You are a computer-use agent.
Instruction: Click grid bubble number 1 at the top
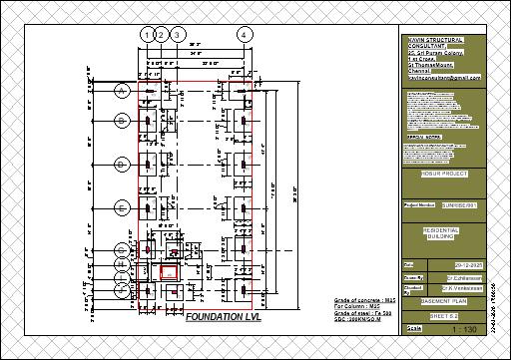click(148, 34)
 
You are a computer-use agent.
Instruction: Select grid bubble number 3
click(177, 34)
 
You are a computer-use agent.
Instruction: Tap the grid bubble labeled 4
click(244, 34)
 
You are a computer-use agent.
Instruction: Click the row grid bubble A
click(123, 91)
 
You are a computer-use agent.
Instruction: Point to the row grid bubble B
click(123, 121)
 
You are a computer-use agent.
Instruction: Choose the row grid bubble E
click(123, 207)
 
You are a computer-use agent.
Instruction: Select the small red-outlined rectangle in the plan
click(170, 270)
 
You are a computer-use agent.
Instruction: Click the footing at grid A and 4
click(242, 92)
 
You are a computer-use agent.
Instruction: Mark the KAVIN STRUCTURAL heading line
click(443, 36)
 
